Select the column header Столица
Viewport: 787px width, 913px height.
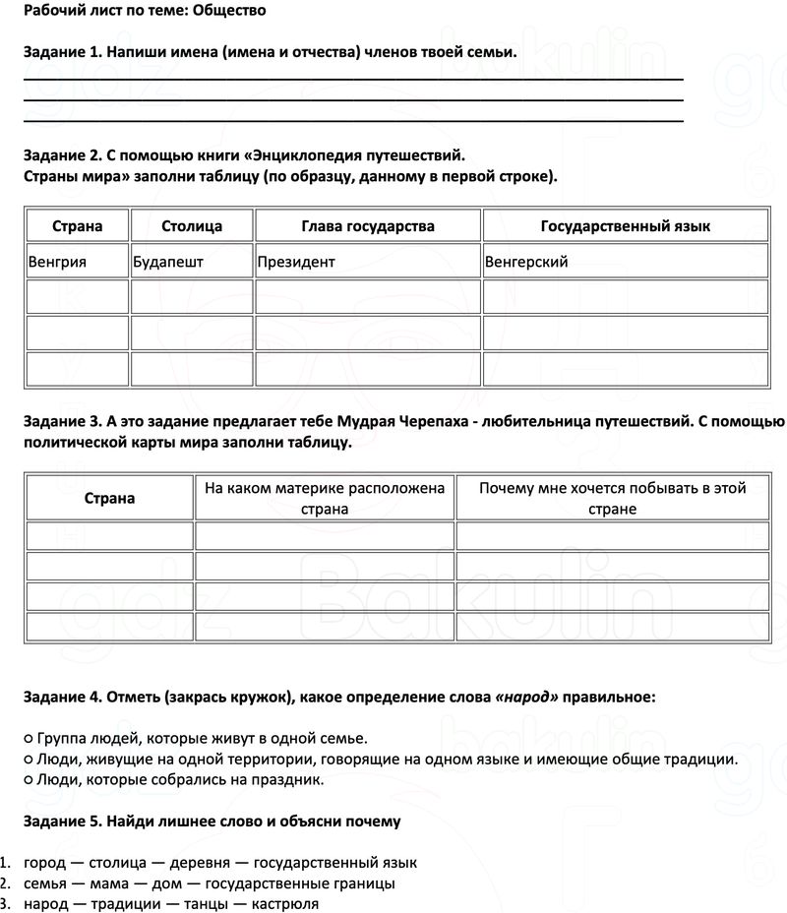[192, 226]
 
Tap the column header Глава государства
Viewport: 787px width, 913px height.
[368, 226]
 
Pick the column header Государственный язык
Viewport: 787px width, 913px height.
[626, 226]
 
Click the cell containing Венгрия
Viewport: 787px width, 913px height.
[58, 262]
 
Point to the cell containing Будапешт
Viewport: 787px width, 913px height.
[168, 262]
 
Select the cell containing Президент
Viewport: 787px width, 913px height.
[296, 262]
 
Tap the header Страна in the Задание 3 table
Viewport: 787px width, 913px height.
[109, 498]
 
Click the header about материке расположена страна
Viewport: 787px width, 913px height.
[324, 498]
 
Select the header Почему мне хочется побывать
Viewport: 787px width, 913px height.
[612, 498]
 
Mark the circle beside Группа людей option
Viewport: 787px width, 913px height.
[27, 738]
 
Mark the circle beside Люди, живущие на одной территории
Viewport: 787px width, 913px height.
[27, 759]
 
